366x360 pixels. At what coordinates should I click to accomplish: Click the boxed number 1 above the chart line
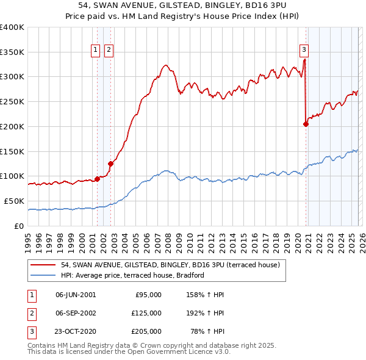(96, 51)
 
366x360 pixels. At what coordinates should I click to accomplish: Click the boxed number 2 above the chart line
(109, 51)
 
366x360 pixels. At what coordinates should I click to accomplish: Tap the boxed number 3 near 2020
(304, 51)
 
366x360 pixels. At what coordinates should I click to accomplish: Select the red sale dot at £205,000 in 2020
(306, 124)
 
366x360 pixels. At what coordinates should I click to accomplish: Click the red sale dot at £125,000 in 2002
(110, 164)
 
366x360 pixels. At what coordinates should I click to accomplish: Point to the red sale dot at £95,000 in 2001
(97, 179)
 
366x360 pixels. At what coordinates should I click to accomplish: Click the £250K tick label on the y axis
(12, 101)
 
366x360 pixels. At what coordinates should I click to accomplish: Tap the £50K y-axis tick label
(15, 201)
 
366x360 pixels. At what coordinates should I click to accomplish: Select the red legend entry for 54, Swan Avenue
(170, 265)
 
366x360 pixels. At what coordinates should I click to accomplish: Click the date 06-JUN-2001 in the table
(76, 295)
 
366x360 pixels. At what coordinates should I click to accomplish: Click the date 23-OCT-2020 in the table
(76, 331)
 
